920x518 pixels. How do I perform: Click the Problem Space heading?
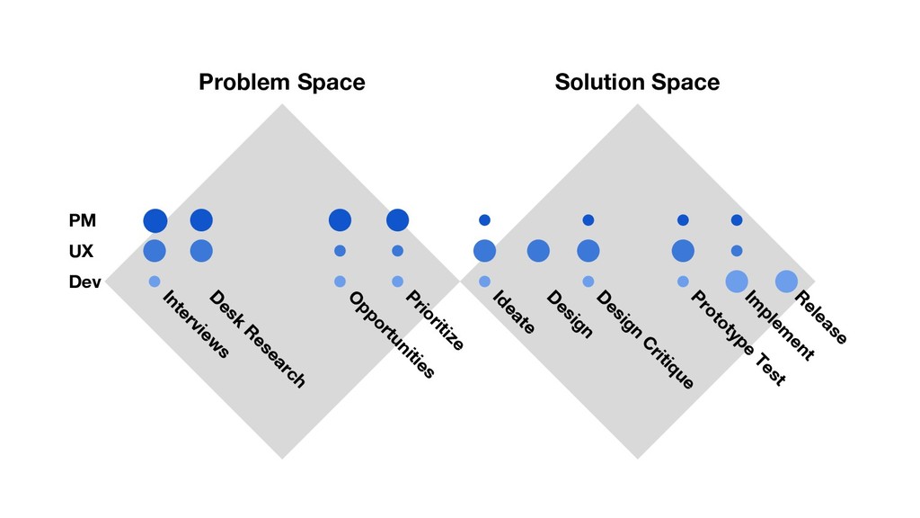coord(281,83)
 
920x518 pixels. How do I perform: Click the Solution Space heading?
coord(637,83)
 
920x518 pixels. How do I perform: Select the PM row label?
coord(82,220)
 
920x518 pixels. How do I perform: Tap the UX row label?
coord(81,251)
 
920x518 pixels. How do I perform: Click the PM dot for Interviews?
coord(155,220)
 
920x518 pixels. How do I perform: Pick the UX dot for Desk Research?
coord(201,251)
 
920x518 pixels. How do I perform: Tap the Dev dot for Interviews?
coord(155,281)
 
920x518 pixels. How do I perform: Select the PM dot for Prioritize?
coord(397,220)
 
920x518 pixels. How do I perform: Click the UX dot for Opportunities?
coord(340,251)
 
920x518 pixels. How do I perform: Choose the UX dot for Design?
coord(538,251)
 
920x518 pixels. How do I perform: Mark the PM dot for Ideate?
coord(484,220)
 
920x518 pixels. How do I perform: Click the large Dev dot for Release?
coord(786,281)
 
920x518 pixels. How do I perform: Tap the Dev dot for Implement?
coord(737,281)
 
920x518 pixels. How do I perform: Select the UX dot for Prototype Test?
coord(683,251)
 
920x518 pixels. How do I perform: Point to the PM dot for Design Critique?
coord(588,220)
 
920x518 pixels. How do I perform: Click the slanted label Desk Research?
coord(257,340)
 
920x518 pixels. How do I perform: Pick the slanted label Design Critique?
coord(645,340)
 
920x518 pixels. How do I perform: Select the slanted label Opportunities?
coord(392,335)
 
